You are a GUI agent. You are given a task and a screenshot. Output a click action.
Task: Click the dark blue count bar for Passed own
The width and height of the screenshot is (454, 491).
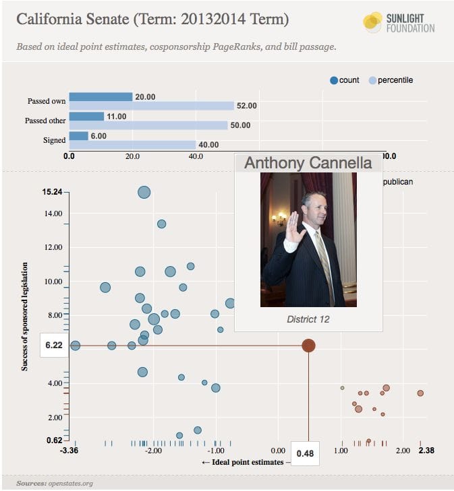tap(101, 96)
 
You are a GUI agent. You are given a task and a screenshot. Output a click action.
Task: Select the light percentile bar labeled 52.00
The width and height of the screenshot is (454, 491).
tap(151, 106)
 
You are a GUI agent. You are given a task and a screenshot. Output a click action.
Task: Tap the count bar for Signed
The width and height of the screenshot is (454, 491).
tap(78, 135)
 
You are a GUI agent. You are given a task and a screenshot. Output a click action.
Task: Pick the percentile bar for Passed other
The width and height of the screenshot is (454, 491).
tap(148, 125)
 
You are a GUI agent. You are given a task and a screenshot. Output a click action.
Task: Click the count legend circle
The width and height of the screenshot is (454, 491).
tap(333, 80)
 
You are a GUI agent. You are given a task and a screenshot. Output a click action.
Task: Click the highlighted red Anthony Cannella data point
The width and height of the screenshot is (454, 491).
tap(308, 346)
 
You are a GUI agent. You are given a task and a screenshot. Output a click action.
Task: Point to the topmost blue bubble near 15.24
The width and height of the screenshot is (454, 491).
tap(144, 193)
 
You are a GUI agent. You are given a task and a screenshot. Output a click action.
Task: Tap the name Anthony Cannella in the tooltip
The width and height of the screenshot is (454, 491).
tap(308, 162)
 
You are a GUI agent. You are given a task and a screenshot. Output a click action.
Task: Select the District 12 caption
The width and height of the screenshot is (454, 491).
tap(308, 319)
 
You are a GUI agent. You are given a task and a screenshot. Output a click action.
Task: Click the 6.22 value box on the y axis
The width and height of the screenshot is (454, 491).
tap(54, 345)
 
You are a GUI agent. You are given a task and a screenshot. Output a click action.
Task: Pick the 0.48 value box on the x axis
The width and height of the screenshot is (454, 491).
tap(305, 453)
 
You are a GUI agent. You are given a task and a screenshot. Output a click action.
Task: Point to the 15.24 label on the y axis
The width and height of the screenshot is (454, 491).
tap(52, 192)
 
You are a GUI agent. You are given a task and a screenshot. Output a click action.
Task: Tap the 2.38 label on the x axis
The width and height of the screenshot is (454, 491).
tap(420, 451)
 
